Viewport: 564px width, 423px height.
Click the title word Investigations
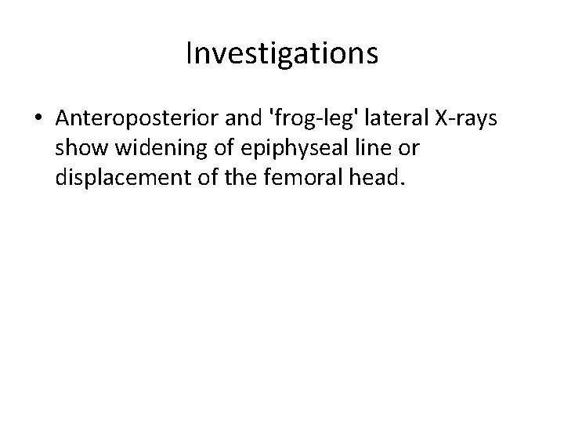(x=282, y=54)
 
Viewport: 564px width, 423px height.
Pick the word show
(x=78, y=149)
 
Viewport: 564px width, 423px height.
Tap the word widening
(x=149, y=149)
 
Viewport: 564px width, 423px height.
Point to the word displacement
(x=117, y=179)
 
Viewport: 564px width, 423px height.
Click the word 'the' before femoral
(x=231, y=179)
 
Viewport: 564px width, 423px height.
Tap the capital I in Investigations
(x=190, y=54)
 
